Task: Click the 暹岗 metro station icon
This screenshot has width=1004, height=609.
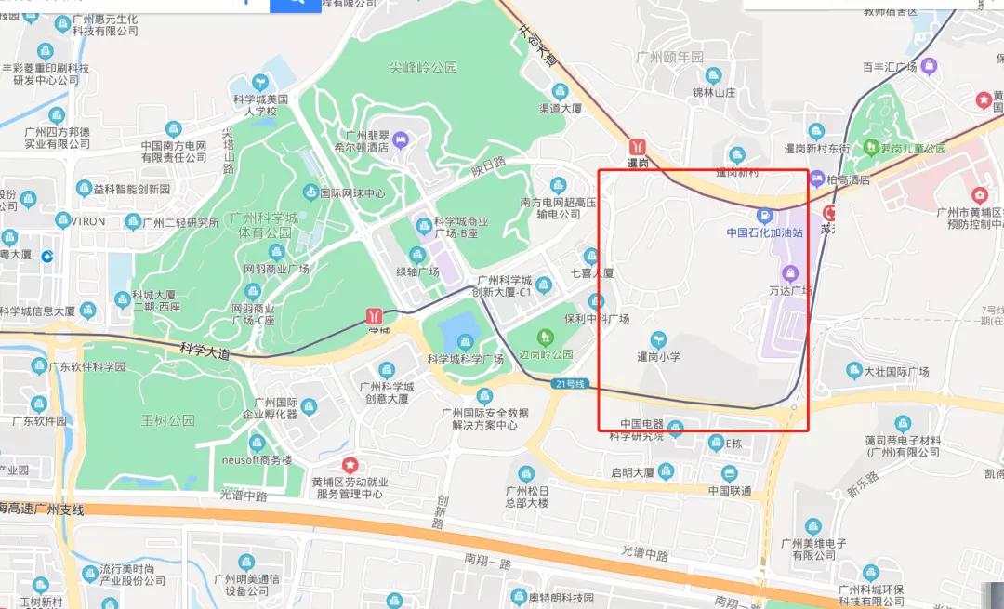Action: [x=638, y=147]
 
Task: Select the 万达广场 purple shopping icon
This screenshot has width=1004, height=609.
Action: [x=790, y=272]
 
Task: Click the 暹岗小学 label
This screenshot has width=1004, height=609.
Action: [x=658, y=356]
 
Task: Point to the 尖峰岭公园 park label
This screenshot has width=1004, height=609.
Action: [x=424, y=67]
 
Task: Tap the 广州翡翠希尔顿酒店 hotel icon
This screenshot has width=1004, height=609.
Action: [x=400, y=140]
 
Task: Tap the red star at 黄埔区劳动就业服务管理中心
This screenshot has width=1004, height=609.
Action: [x=350, y=464]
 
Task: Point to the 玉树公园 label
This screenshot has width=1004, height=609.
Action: [x=169, y=420]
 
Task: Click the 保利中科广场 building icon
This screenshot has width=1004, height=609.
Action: [x=596, y=301]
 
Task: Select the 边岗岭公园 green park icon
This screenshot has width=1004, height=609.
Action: [x=545, y=336]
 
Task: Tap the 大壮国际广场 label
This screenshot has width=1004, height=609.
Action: [x=896, y=372]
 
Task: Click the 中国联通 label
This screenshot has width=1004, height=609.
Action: [x=729, y=490]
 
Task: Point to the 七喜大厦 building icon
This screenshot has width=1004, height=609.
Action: [x=590, y=256]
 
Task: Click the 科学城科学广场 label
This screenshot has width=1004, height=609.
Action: [x=465, y=359]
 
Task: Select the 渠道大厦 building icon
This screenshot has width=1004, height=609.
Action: [x=560, y=91]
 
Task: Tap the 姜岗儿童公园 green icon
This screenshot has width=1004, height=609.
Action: [x=870, y=147]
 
